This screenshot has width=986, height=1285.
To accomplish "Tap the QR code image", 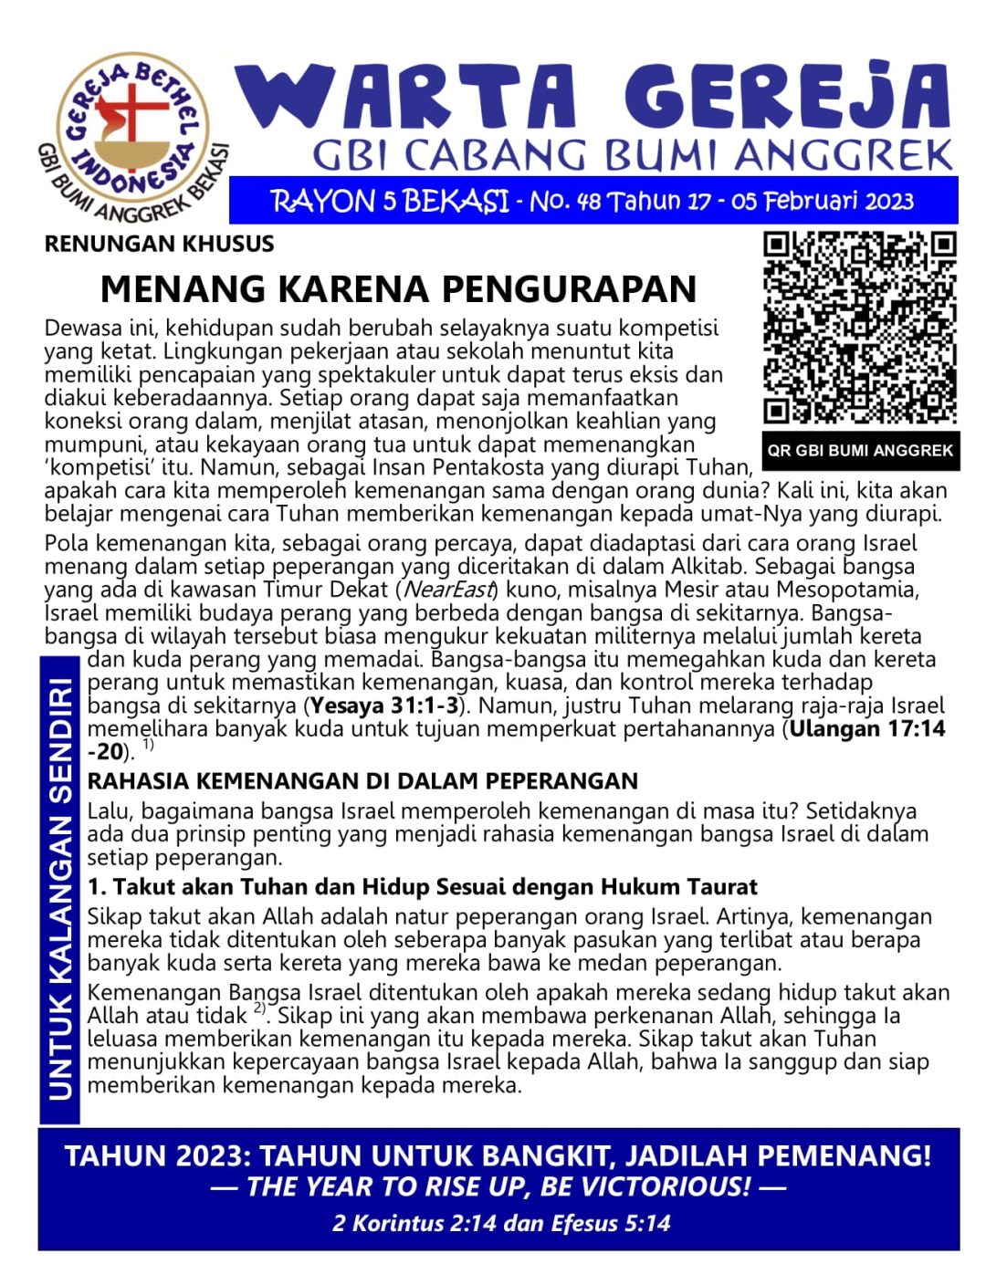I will coord(860,329).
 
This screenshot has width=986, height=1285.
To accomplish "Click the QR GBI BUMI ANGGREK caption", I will coord(860,450).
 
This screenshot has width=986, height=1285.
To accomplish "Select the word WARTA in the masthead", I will coord(406,98).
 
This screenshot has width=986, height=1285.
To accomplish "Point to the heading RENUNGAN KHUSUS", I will coord(159,244).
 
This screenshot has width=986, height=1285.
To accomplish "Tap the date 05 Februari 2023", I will coord(822,201).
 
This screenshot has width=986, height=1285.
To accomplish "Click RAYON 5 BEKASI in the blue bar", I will coord(390,201).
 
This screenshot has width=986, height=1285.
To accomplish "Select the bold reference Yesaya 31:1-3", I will coord(385,705).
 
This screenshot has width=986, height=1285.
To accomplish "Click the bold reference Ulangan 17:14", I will coord(867,728).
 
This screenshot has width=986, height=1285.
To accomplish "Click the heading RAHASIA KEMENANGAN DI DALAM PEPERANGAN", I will coord(362,781).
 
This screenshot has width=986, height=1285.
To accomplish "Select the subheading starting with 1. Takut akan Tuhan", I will coord(422,886).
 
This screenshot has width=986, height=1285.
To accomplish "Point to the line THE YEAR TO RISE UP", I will coord(498,1186).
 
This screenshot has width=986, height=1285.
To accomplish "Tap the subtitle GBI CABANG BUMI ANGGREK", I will coord(633,155).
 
